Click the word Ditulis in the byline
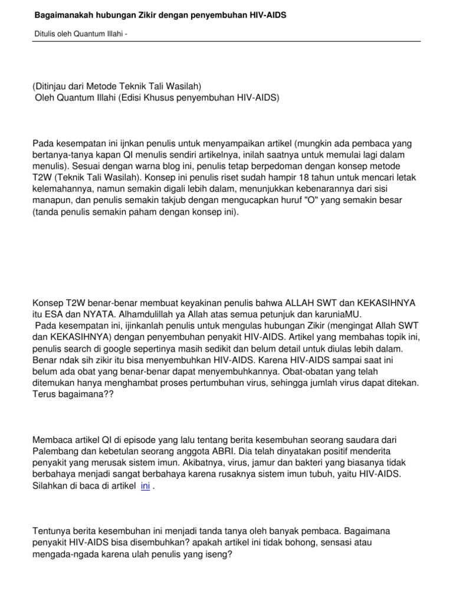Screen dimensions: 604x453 click(44, 34)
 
